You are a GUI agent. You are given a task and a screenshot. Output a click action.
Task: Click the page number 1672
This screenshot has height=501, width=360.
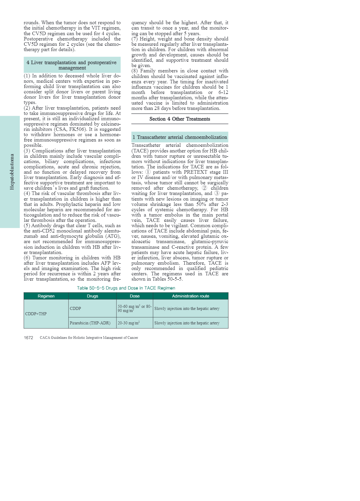pos(28,338)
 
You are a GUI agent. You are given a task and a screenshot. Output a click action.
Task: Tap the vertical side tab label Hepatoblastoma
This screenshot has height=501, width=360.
pos(12,172)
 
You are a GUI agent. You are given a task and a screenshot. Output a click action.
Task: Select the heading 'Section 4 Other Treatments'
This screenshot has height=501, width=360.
pos(180,119)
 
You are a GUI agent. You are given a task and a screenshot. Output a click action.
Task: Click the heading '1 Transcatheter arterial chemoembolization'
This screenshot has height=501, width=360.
pos(180,137)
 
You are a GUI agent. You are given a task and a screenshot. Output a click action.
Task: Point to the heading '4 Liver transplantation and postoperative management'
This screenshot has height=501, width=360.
pos(72,65)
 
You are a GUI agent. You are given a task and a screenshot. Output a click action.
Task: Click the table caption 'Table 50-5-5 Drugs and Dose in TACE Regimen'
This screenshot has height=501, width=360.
pos(126,288)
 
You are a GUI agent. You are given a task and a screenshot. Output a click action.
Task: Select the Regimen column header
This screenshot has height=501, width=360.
pos(46,296)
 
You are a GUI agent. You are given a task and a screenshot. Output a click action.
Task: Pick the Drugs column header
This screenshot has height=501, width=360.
pos(93,296)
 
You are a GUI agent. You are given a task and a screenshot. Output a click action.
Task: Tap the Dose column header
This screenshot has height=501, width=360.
pos(135,296)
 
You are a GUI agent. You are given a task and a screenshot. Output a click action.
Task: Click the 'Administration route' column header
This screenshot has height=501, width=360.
pos(191,296)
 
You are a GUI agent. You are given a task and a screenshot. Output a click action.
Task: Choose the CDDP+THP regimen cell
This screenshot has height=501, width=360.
pos(36,314)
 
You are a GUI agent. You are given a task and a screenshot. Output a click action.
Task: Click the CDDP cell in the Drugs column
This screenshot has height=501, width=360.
pos(75,308)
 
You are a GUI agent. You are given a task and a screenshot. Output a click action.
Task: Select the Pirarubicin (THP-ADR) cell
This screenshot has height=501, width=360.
pos(90,323)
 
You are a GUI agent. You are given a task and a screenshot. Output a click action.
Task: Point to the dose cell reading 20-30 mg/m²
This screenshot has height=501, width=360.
pos(129,323)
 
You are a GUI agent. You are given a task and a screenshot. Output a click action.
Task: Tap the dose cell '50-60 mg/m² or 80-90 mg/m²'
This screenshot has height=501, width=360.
pos(134,308)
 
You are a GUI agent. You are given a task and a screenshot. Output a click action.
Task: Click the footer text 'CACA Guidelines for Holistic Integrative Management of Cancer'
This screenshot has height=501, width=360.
pos(89,338)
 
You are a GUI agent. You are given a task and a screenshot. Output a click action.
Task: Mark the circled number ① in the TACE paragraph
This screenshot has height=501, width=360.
pos(148,172)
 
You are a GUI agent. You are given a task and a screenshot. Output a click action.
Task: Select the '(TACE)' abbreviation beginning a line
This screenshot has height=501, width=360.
pos(140,151)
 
